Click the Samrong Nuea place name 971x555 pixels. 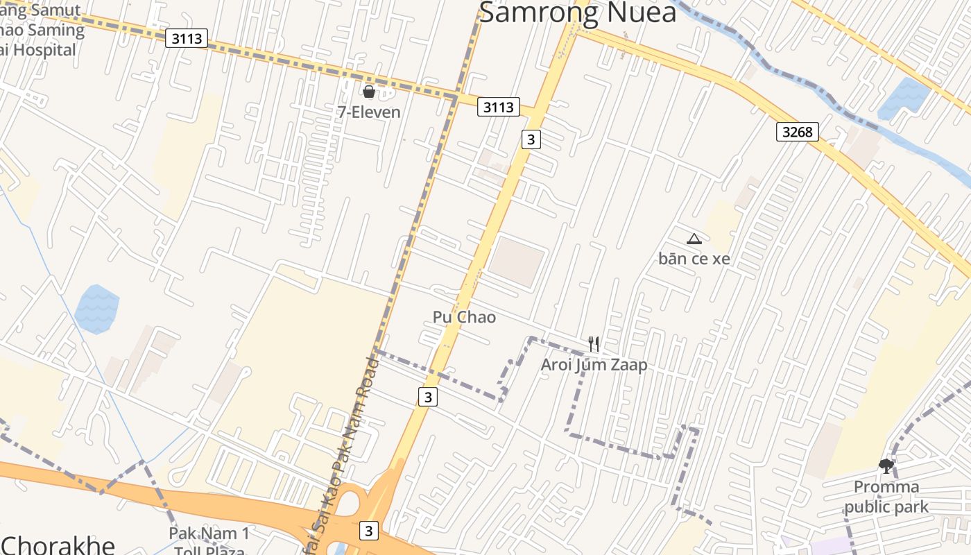point(577,12)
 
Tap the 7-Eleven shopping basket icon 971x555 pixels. point(369,91)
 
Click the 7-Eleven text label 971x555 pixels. point(369,112)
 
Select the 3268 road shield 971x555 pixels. point(797,131)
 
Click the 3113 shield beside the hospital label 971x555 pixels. point(187,38)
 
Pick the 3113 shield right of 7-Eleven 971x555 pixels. point(498,107)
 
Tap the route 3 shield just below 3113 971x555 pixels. point(531,139)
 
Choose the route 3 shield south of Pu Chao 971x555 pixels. point(428,397)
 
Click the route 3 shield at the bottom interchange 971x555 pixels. point(368,531)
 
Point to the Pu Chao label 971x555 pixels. point(464,317)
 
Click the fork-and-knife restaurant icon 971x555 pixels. point(594,343)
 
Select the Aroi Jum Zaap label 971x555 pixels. point(594,365)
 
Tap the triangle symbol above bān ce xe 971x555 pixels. point(694,239)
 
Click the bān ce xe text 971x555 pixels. point(694,259)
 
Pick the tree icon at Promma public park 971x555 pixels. point(886,466)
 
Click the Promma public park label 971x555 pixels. point(886,497)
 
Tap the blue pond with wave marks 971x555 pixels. point(96,307)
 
